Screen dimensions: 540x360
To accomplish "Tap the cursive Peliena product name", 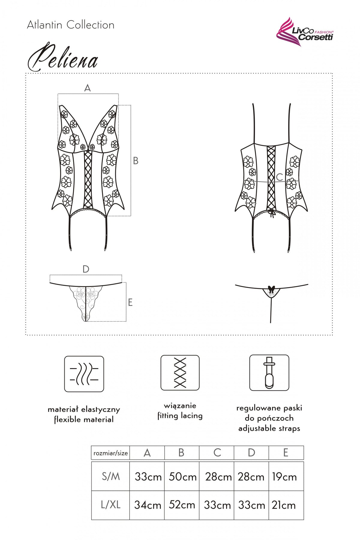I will click(63, 57).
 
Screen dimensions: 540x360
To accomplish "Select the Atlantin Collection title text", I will click(70, 25).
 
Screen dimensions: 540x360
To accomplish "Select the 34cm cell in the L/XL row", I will click(147, 505).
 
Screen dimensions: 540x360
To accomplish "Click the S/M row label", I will click(111, 476).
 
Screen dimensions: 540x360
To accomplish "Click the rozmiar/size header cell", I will click(110, 453).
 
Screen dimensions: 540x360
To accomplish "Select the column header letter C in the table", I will click(217, 453).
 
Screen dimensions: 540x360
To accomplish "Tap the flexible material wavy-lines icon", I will click(84, 374).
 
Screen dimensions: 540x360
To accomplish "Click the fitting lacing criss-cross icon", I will click(180, 373).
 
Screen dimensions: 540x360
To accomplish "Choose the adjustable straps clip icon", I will click(269, 373).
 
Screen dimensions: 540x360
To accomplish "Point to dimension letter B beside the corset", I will click(136, 161).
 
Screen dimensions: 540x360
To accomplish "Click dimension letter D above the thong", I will click(86, 269).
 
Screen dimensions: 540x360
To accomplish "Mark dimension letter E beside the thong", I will click(130, 302).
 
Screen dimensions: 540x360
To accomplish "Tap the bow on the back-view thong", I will click(271, 289).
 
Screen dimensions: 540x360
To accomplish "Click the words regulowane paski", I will click(269, 408).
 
